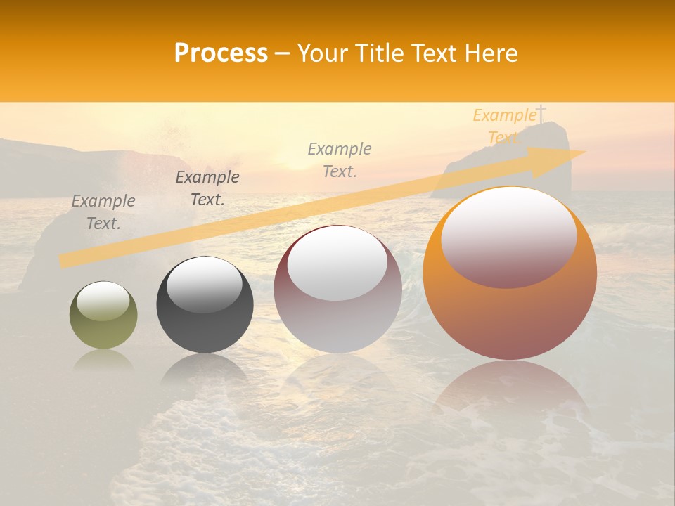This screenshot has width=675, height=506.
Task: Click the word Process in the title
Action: click(221, 53)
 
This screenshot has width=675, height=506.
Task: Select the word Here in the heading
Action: click(491, 53)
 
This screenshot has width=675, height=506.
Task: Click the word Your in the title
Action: click(323, 53)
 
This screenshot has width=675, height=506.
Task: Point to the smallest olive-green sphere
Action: click(103, 316)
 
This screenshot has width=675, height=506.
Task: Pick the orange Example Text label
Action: click(504, 126)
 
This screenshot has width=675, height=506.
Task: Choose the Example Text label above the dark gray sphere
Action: click(207, 188)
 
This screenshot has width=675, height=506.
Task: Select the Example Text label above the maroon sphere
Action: click(340, 160)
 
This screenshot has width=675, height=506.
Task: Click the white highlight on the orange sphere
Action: click(508, 235)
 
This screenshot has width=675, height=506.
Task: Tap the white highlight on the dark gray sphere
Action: click(204, 285)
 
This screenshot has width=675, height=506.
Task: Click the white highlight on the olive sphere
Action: click(103, 301)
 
